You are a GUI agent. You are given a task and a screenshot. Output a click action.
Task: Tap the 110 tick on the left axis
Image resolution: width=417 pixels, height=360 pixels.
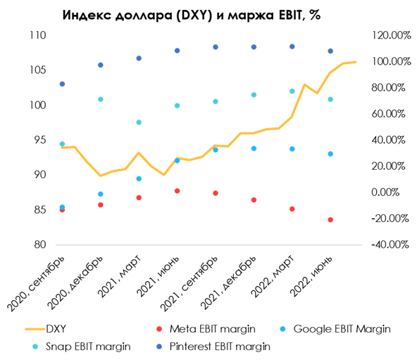click(37, 35)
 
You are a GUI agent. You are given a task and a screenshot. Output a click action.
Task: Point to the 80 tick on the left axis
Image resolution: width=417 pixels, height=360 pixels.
click(39, 244)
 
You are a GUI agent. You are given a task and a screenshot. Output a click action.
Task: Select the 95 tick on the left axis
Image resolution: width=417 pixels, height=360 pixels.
click(39, 140)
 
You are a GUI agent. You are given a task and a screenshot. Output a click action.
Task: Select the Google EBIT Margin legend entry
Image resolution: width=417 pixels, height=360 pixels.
click(341, 328)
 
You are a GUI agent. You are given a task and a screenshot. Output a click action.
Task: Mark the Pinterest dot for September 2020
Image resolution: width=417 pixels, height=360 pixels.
click(62, 84)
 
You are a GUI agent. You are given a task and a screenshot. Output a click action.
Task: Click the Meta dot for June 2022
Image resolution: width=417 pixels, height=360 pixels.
click(330, 220)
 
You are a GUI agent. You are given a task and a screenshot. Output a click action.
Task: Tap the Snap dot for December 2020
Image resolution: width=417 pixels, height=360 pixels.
click(100, 99)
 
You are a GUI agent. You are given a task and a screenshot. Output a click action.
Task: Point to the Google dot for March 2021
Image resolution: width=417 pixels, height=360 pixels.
click(139, 179)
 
